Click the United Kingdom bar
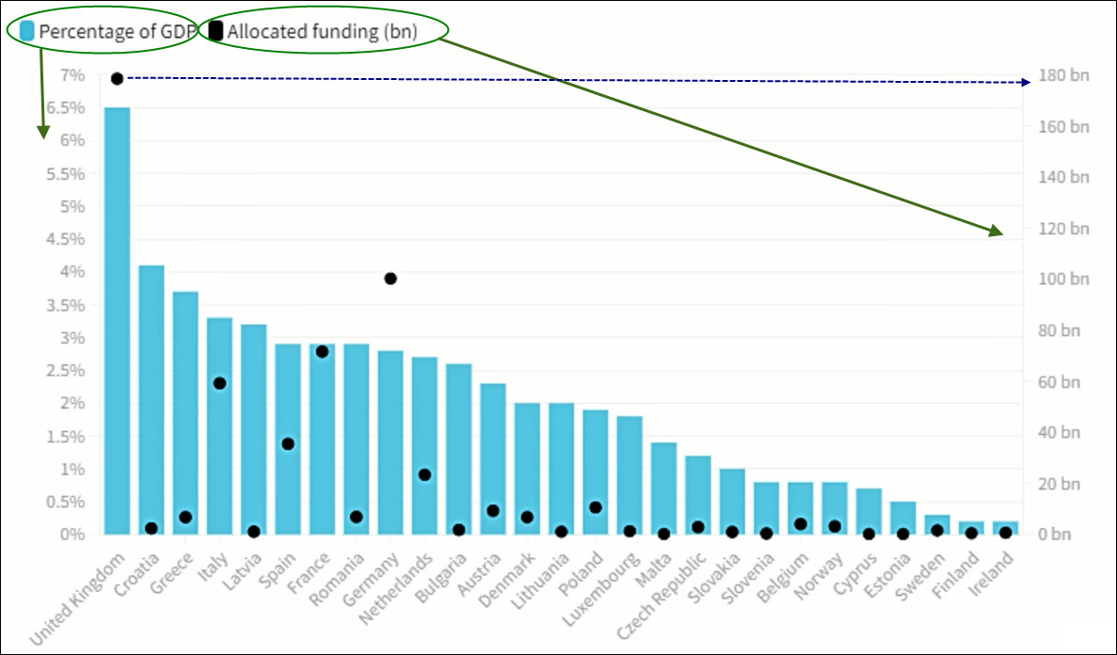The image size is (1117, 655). pyautogui.click(x=117, y=320)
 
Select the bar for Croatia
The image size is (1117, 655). pyautogui.click(x=151, y=395)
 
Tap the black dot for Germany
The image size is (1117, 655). pyautogui.click(x=391, y=279)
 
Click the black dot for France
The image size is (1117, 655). pyautogui.click(x=322, y=351)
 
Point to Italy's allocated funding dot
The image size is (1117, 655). pyautogui.click(x=219, y=383)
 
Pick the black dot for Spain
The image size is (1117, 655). pyautogui.click(x=288, y=443)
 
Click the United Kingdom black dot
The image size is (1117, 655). pyautogui.click(x=117, y=78)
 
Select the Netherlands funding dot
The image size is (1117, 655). pyautogui.click(x=424, y=474)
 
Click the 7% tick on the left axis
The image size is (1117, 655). pyautogui.click(x=72, y=75)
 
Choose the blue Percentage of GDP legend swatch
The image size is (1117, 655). pyautogui.click(x=26, y=31)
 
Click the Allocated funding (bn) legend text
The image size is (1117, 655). pyautogui.click(x=322, y=31)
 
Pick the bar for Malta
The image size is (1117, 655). pyautogui.click(x=663, y=487)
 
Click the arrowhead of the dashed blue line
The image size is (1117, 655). pyautogui.click(x=1027, y=83)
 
